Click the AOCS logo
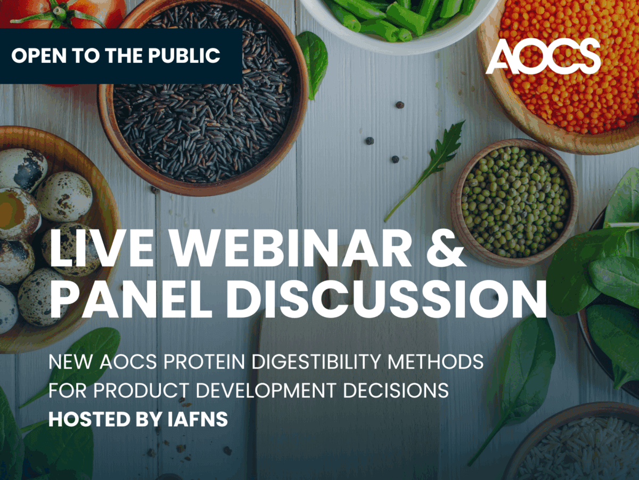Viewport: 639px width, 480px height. pyautogui.click(x=543, y=55)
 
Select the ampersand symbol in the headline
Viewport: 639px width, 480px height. pyautogui.click(x=445, y=249)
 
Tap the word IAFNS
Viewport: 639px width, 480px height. pyautogui.click(x=198, y=419)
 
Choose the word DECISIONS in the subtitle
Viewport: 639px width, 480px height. pyautogui.click(x=396, y=390)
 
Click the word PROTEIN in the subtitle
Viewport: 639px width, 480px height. pyautogui.click(x=204, y=362)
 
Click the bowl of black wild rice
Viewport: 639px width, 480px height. pyautogui.click(x=203, y=96)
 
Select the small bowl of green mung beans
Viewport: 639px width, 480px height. pyautogui.click(x=514, y=202)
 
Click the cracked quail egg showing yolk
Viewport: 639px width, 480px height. pyautogui.click(x=18, y=213)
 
